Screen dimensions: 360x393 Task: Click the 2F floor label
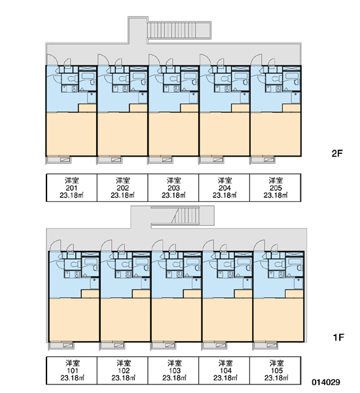(336, 153)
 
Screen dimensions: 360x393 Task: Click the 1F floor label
(338, 337)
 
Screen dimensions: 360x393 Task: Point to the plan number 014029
(326, 383)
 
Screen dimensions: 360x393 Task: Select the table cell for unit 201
(71, 187)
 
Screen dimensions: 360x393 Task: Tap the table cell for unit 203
(173, 187)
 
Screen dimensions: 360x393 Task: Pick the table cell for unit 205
(276, 187)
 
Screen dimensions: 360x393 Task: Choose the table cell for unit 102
(122, 371)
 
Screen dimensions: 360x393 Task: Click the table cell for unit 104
(225, 371)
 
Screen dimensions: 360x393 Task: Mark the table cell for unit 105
(276, 371)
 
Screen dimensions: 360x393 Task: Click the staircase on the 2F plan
(179, 30)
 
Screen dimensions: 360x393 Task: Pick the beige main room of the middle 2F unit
(173, 134)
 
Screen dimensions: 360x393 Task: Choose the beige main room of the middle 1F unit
(176, 320)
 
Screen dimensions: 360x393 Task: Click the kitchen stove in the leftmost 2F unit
(75, 88)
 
